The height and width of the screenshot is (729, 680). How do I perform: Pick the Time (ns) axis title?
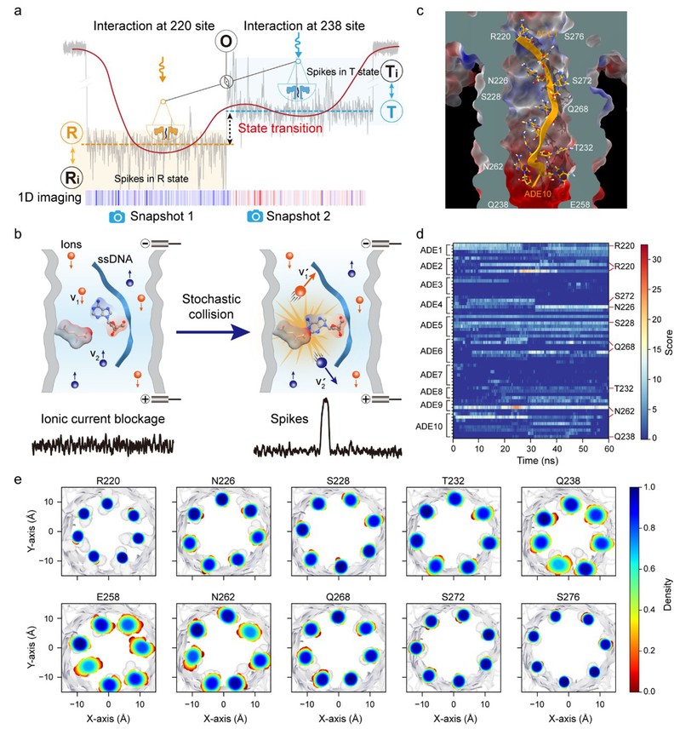[x=533, y=460]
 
